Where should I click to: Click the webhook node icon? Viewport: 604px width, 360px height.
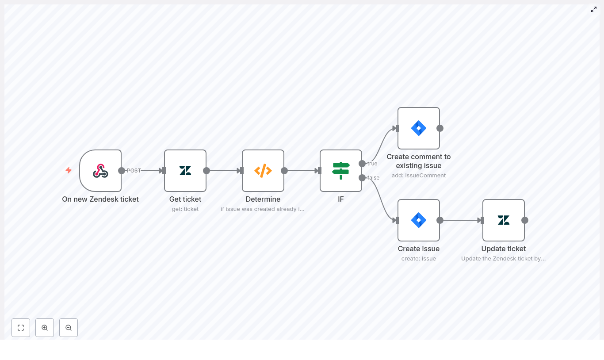pos(100,171)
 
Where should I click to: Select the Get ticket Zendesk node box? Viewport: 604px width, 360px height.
pos(185,171)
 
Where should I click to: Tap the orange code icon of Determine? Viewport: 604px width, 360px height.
pos(263,171)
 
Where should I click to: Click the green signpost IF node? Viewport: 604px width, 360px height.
pos(341,171)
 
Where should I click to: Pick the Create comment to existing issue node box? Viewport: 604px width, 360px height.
pos(419,128)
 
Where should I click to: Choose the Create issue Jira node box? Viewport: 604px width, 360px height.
pos(419,220)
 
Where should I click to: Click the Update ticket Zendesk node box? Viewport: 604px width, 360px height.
pos(504,220)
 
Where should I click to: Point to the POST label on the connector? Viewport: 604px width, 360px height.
pos(134,171)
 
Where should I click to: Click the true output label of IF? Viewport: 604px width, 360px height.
pos(372,164)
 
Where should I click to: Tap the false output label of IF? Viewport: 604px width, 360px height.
pos(374,178)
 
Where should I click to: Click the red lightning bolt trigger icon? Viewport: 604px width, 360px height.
pos(69,170)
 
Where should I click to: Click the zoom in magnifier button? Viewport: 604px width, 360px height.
pos(45,328)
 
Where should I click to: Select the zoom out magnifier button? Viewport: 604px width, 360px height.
pos(69,328)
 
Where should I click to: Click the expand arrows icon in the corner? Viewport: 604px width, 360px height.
pos(594,9)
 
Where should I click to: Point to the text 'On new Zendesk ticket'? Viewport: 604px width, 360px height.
pos(100,199)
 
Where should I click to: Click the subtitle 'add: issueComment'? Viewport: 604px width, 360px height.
pos(419,176)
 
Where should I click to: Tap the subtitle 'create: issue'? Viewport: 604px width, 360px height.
pos(419,259)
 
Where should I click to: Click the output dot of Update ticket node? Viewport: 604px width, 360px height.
pos(525,220)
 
